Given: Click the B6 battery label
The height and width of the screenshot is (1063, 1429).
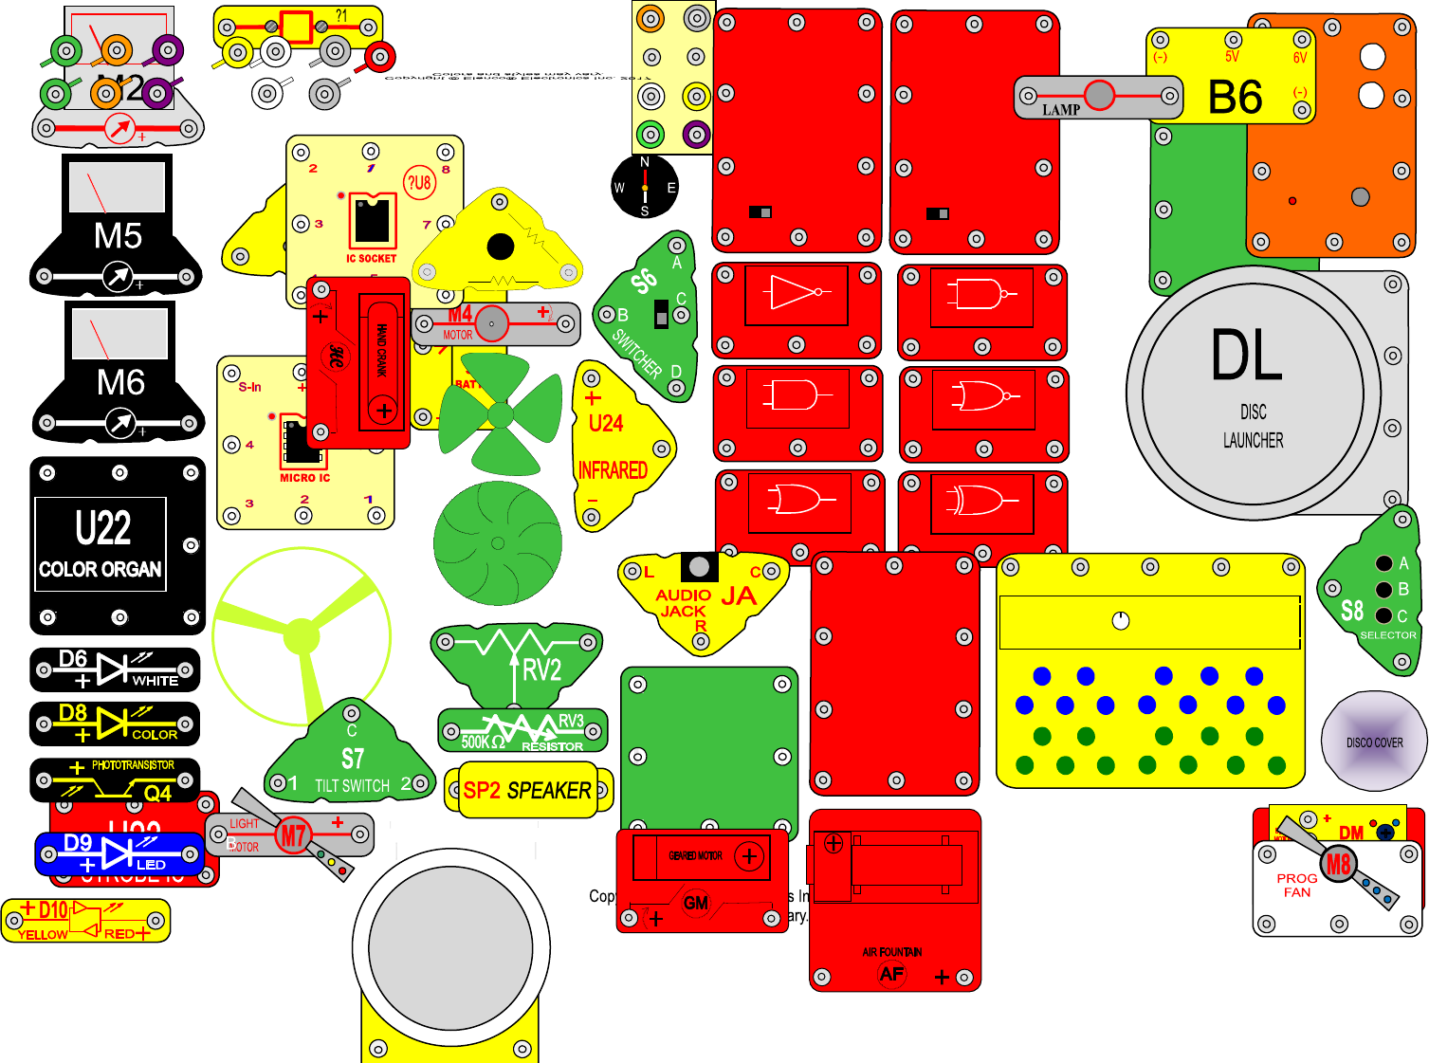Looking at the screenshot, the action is [1235, 97].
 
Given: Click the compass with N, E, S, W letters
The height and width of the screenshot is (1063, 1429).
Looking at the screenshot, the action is [645, 187].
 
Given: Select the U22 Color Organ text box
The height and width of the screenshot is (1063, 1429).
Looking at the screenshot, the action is [101, 543].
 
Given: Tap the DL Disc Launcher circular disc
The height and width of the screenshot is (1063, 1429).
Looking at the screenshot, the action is [1252, 393].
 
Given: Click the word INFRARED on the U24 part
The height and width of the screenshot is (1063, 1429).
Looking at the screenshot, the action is [613, 470].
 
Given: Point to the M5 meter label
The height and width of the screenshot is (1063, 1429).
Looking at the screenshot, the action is [118, 236].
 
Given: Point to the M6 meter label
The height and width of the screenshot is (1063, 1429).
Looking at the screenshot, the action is [120, 383].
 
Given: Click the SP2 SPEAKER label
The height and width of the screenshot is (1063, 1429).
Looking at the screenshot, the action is [527, 791].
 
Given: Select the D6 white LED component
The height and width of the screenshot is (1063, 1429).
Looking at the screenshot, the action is [115, 669].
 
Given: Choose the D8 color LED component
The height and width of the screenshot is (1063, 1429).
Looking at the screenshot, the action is [115, 724].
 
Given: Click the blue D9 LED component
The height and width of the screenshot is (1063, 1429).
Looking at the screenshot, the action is [119, 853].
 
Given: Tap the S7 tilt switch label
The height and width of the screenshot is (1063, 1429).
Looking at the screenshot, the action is [352, 759].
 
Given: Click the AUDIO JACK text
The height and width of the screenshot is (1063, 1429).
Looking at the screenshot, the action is [683, 603].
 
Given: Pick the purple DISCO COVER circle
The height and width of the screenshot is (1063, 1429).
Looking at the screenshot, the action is [1374, 742].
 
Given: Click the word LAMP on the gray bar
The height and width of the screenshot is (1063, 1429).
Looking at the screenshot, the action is [1061, 110].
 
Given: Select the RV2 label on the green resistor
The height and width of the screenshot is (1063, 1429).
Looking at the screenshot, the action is [542, 670].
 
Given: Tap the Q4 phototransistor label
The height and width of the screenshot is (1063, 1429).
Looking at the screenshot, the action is [157, 793].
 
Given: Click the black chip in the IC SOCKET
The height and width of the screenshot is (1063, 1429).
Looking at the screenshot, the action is [373, 221].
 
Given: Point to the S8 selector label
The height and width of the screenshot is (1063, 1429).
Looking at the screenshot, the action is [1352, 611].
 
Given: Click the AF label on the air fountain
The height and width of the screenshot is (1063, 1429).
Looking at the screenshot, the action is [891, 974].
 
